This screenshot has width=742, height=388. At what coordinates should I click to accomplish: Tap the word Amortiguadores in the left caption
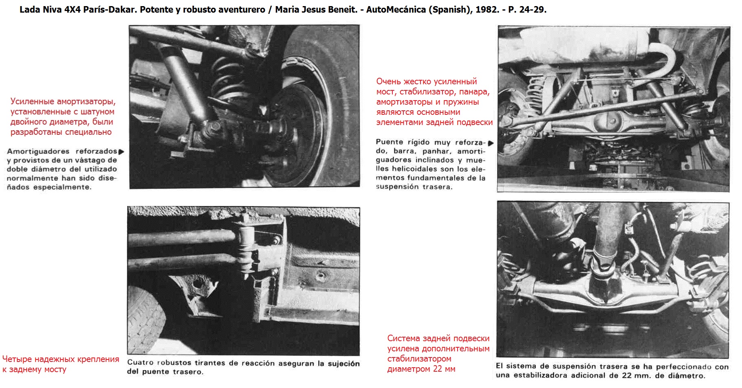(38, 151)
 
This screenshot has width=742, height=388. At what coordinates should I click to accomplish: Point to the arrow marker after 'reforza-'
(491, 143)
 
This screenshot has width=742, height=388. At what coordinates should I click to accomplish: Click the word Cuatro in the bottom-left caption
(140, 362)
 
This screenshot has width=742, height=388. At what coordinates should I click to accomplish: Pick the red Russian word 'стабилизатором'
(419, 359)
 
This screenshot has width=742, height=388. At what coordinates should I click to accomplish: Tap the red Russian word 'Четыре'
(17, 359)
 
